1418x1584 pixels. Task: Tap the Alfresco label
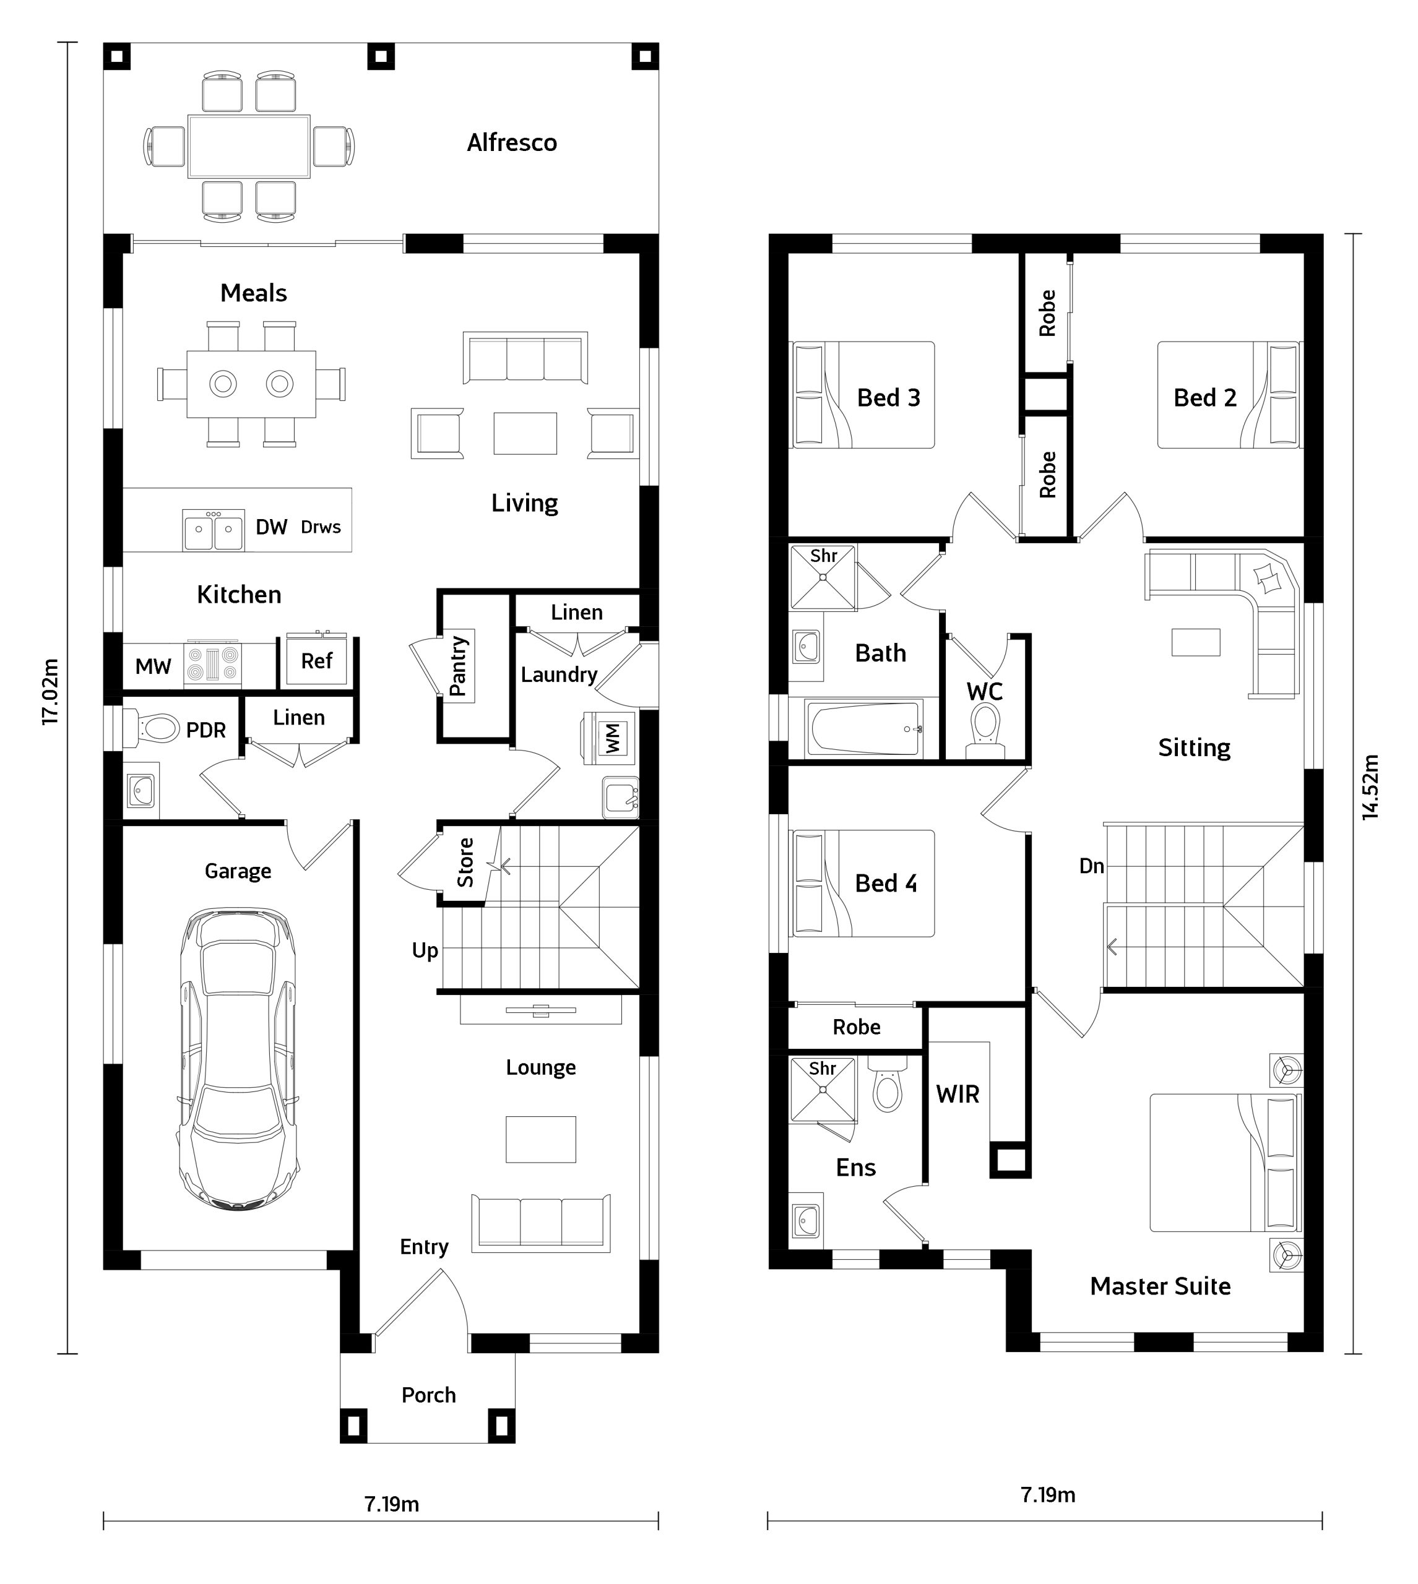pos(512,142)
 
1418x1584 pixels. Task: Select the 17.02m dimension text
pos(51,692)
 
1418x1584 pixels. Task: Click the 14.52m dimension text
pos(1370,786)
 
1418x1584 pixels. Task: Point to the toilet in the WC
pos(985,730)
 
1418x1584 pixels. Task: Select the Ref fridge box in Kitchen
pos(316,660)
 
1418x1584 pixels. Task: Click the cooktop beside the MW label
pos(212,665)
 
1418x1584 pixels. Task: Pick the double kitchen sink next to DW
pos(214,530)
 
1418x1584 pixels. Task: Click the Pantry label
pos(458,666)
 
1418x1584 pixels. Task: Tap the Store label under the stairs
pos(465,862)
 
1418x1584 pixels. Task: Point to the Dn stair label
pos(1092,866)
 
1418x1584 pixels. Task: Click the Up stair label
pos(425,951)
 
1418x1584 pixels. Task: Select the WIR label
pos(958,1094)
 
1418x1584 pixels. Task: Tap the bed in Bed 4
pos(862,883)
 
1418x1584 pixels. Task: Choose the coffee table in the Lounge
pos(541,1139)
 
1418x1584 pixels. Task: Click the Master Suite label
pos(1160,1286)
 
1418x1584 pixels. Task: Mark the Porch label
pos(428,1395)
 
